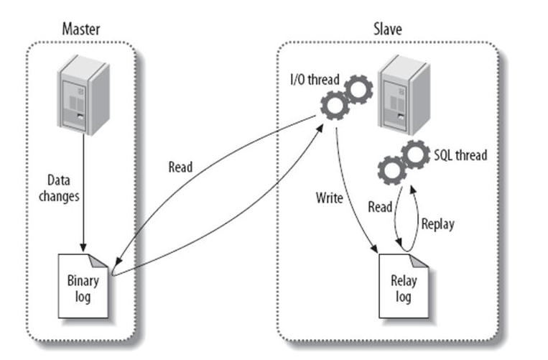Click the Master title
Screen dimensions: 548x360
pos(81,29)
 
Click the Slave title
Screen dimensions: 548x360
pos(388,29)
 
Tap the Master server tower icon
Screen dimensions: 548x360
pos(83,95)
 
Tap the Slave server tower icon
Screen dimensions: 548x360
pos(404,95)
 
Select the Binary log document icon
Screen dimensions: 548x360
pos(83,286)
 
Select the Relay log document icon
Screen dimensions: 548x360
pos(404,286)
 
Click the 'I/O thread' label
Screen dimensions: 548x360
pos(315,79)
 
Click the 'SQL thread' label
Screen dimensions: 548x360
pos(460,155)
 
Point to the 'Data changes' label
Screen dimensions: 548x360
pos(59,188)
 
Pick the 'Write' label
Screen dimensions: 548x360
pos(329,198)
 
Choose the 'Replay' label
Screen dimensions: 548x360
pos(438,224)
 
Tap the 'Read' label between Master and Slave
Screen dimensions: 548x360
pos(180,167)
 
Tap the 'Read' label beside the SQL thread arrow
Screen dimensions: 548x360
pos(380,207)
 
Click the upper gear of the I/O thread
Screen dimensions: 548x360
pos(358,90)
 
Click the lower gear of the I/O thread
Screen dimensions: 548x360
pos(335,106)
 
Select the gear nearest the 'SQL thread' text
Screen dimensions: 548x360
pos(416,154)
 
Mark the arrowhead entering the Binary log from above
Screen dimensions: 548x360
pos(83,247)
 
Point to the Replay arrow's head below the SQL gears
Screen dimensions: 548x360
pos(412,189)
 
